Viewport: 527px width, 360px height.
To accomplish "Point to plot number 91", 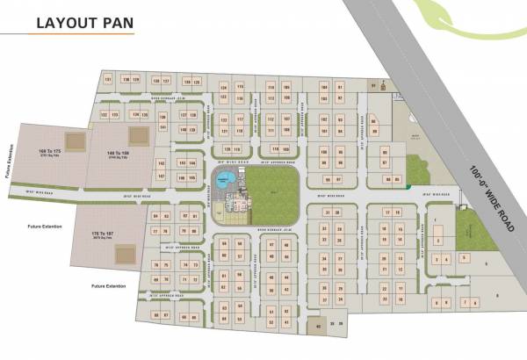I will [x=372, y=85].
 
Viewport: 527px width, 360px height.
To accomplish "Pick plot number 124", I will [x=224, y=88].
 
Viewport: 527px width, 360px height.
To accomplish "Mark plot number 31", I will [x=327, y=212].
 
